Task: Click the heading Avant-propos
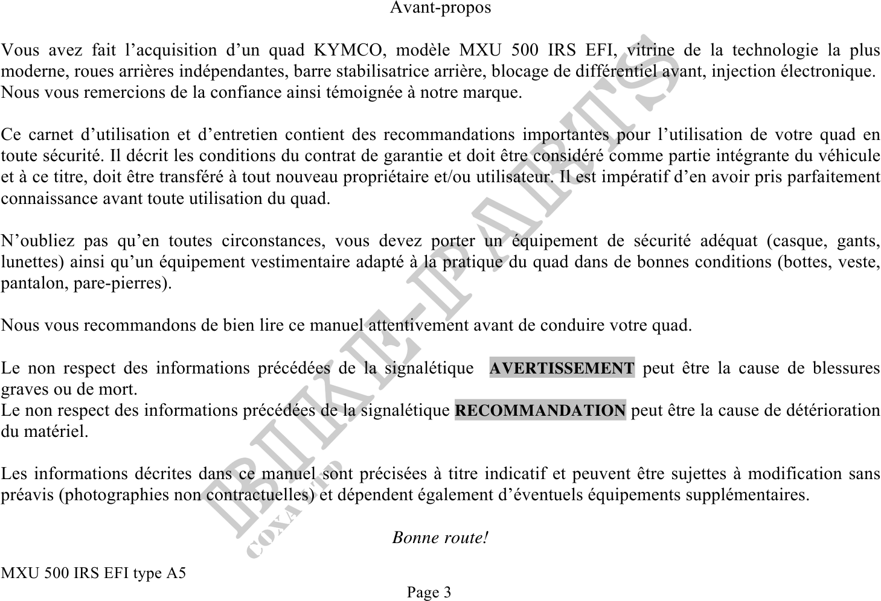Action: [x=440, y=8]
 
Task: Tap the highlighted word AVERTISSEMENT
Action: [x=562, y=368]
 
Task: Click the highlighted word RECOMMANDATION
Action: [x=540, y=411]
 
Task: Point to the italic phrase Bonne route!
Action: [x=440, y=537]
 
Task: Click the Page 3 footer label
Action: [x=429, y=592]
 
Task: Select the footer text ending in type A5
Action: [x=94, y=573]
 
